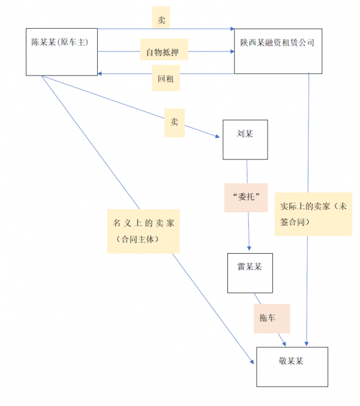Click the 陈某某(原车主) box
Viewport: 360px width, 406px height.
pos(62,51)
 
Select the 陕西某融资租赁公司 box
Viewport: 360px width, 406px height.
pos(278,51)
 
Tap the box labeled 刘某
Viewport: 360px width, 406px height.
pos(245,139)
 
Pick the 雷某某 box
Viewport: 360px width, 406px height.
pos(250,273)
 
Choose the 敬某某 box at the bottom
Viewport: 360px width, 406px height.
pos(292,366)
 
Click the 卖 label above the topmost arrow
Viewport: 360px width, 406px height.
pos(161,20)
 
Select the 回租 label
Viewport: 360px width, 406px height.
pos(165,80)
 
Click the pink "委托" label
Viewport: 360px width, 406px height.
pos(245,197)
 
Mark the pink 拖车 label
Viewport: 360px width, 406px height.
pos(271,318)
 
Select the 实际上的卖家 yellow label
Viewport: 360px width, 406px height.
pos(313,214)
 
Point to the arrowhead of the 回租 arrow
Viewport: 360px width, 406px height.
pos(101,73)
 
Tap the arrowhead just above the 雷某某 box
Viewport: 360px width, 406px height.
pos(249,249)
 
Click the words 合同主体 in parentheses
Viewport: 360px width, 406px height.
pos(138,239)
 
